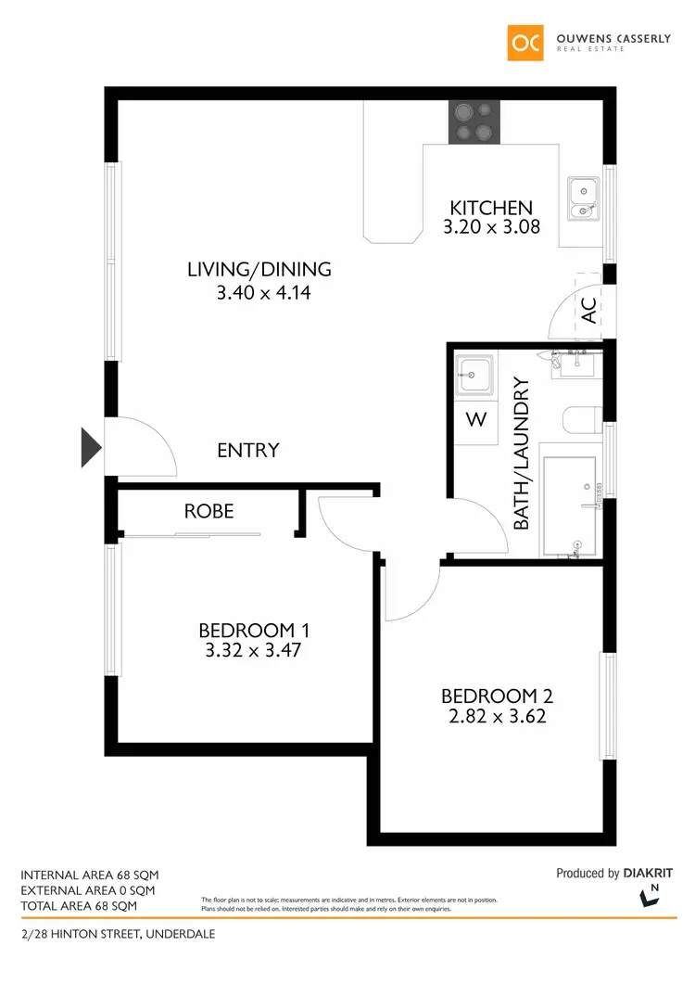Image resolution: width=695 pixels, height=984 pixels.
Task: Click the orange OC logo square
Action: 524,42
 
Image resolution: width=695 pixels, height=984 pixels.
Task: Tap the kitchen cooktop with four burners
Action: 475,121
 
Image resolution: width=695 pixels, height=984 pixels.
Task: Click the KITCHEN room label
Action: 491,208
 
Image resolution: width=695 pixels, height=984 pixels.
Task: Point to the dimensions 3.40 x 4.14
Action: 259,293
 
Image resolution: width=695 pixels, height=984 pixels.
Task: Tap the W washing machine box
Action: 475,420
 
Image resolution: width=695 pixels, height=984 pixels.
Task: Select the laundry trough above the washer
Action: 474,377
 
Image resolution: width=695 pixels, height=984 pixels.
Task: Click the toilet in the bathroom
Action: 582,422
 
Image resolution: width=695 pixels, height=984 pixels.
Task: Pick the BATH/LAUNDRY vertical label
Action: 521,453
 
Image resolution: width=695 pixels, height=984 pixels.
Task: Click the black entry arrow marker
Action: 91,446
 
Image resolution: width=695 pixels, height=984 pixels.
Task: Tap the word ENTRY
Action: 247,451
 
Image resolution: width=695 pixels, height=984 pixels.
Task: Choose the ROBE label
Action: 208,511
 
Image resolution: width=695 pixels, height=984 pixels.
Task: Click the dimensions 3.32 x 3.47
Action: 253,651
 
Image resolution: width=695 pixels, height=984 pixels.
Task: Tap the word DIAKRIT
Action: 648,874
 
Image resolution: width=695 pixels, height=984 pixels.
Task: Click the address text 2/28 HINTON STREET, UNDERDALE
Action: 118,934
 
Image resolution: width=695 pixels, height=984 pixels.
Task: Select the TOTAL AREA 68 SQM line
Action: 79,905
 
